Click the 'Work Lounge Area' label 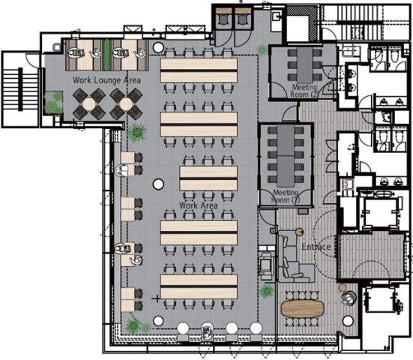click(x=106, y=80)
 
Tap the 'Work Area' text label click(x=199, y=205)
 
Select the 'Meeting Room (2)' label click(x=304, y=91)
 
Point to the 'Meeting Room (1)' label click(x=286, y=196)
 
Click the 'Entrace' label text click(x=316, y=247)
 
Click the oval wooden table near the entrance click(x=302, y=308)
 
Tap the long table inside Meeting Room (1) click(x=286, y=155)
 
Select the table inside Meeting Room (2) click(x=305, y=64)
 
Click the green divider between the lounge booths click(x=106, y=55)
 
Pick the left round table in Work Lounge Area click(x=89, y=103)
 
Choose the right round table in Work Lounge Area click(x=126, y=103)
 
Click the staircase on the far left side click(x=20, y=89)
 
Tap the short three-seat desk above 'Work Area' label click(x=208, y=178)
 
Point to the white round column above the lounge click(x=158, y=47)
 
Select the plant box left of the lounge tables click(x=54, y=103)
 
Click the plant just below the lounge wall click(x=136, y=133)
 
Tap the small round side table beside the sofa click(x=299, y=232)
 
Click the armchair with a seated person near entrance click(x=349, y=298)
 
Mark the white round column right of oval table click(x=348, y=321)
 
